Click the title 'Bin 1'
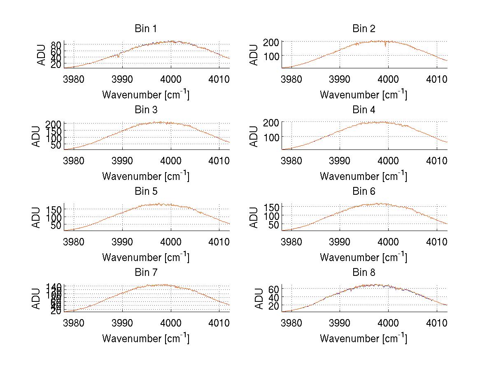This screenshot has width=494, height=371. click(x=145, y=29)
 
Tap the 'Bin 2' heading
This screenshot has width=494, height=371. click(x=364, y=29)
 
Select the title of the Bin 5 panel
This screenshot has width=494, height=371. click(x=145, y=191)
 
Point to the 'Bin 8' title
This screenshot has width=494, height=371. click(x=364, y=273)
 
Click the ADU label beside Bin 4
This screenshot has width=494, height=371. click(x=254, y=136)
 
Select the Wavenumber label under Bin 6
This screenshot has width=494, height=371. click(x=364, y=257)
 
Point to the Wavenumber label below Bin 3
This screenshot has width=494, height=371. click(x=145, y=176)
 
